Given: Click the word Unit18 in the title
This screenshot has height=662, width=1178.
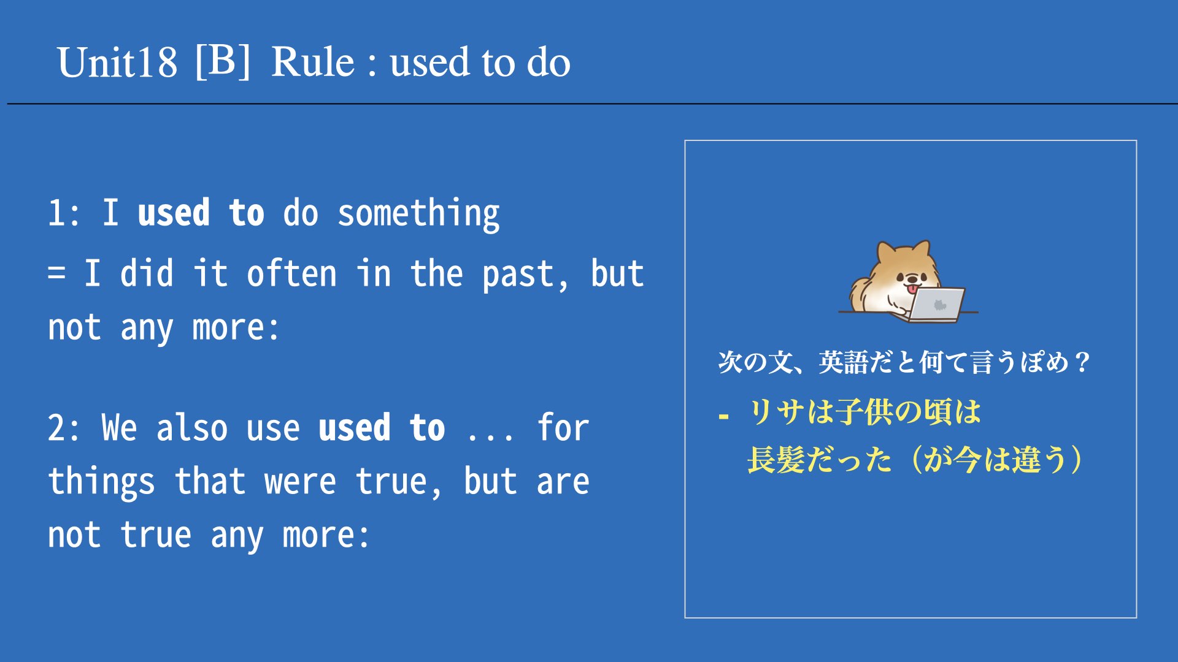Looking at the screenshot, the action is tap(117, 63).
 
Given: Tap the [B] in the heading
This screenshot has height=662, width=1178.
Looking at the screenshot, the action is tap(223, 61).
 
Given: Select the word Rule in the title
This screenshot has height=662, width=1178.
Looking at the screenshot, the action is tap(313, 62).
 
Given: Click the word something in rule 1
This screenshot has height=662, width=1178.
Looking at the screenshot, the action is tap(418, 214).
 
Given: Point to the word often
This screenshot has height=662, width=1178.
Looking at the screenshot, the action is tap(291, 273).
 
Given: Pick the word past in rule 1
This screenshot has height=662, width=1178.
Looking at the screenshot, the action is tap(518, 275).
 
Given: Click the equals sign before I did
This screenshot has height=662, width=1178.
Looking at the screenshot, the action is tap(56, 273).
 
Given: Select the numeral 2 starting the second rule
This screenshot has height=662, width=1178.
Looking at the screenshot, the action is tap(56, 428).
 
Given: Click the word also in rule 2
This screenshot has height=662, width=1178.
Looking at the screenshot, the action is tap(191, 427).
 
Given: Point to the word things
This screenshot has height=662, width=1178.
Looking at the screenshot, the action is tap(101, 482).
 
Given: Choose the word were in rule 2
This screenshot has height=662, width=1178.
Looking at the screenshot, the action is tap(300, 482).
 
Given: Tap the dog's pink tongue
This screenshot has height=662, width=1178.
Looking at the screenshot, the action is tap(914, 289).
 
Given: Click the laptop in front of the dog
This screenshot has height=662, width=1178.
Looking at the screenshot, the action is tap(936, 305).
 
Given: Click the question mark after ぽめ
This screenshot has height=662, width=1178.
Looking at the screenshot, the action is tap(1082, 362).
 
